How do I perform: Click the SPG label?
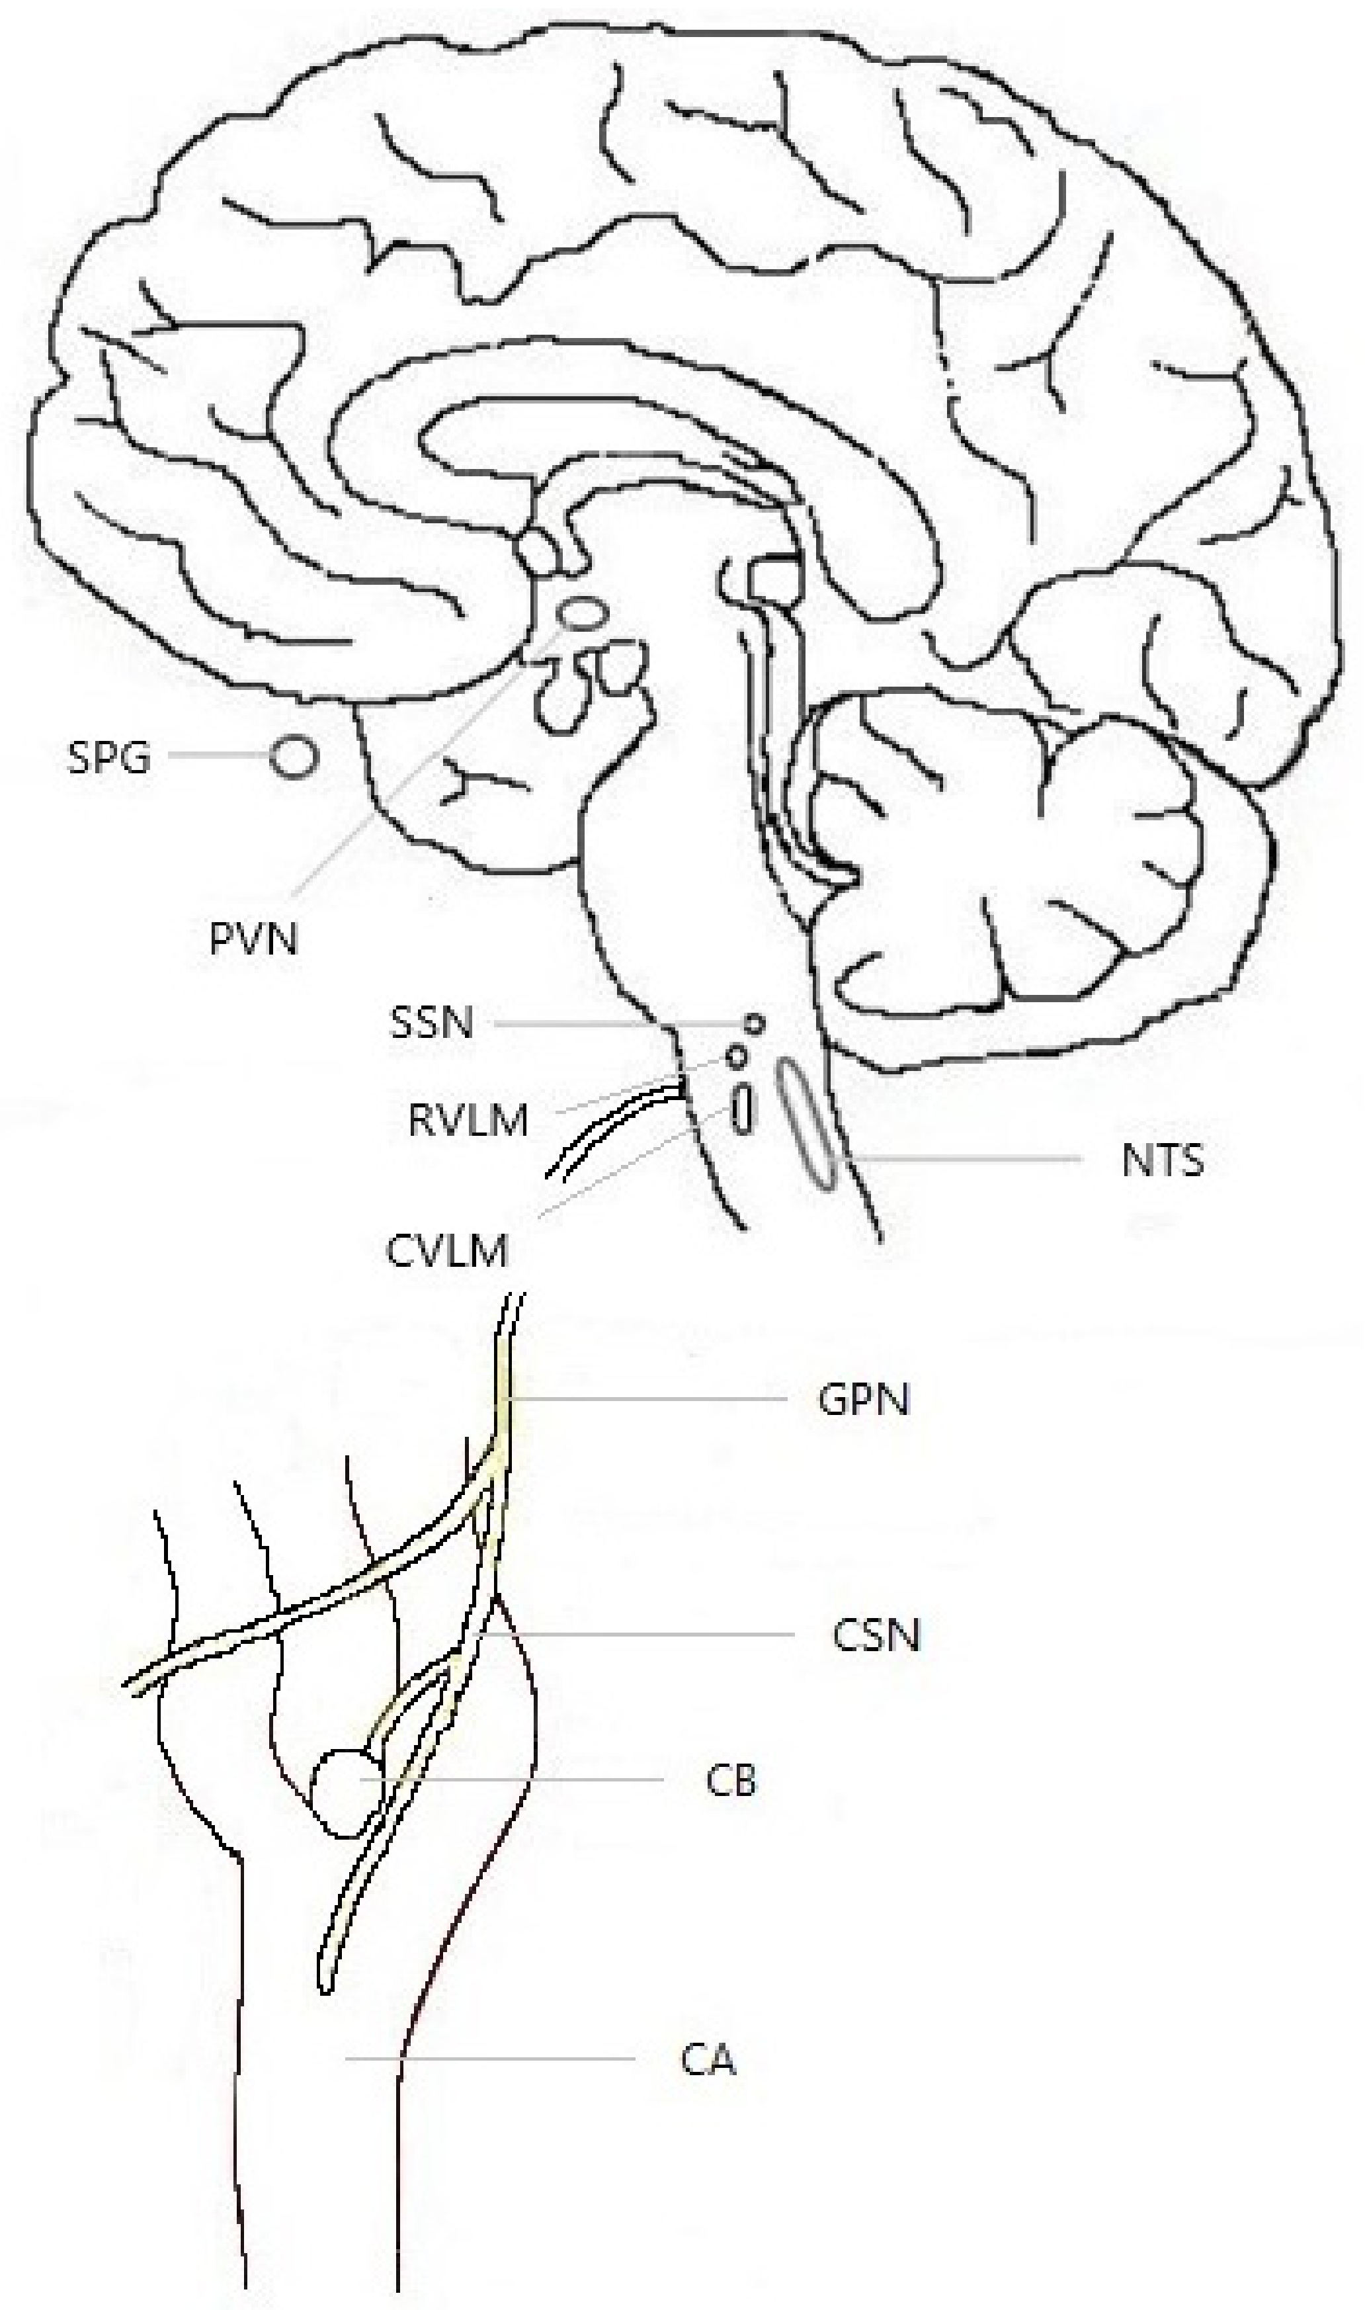click(x=108, y=758)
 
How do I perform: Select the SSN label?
click(x=431, y=1022)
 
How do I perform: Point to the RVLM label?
click(x=468, y=1121)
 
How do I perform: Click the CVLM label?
click(x=447, y=1251)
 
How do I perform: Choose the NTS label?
click(x=1163, y=1160)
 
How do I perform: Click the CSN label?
click(x=876, y=1635)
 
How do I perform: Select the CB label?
click(x=731, y=1780)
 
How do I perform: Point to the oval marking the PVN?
click(x=584, y=613)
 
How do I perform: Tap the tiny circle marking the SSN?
click(x=754, y=1023)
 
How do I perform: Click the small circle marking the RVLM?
click(x=736, y=1057)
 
